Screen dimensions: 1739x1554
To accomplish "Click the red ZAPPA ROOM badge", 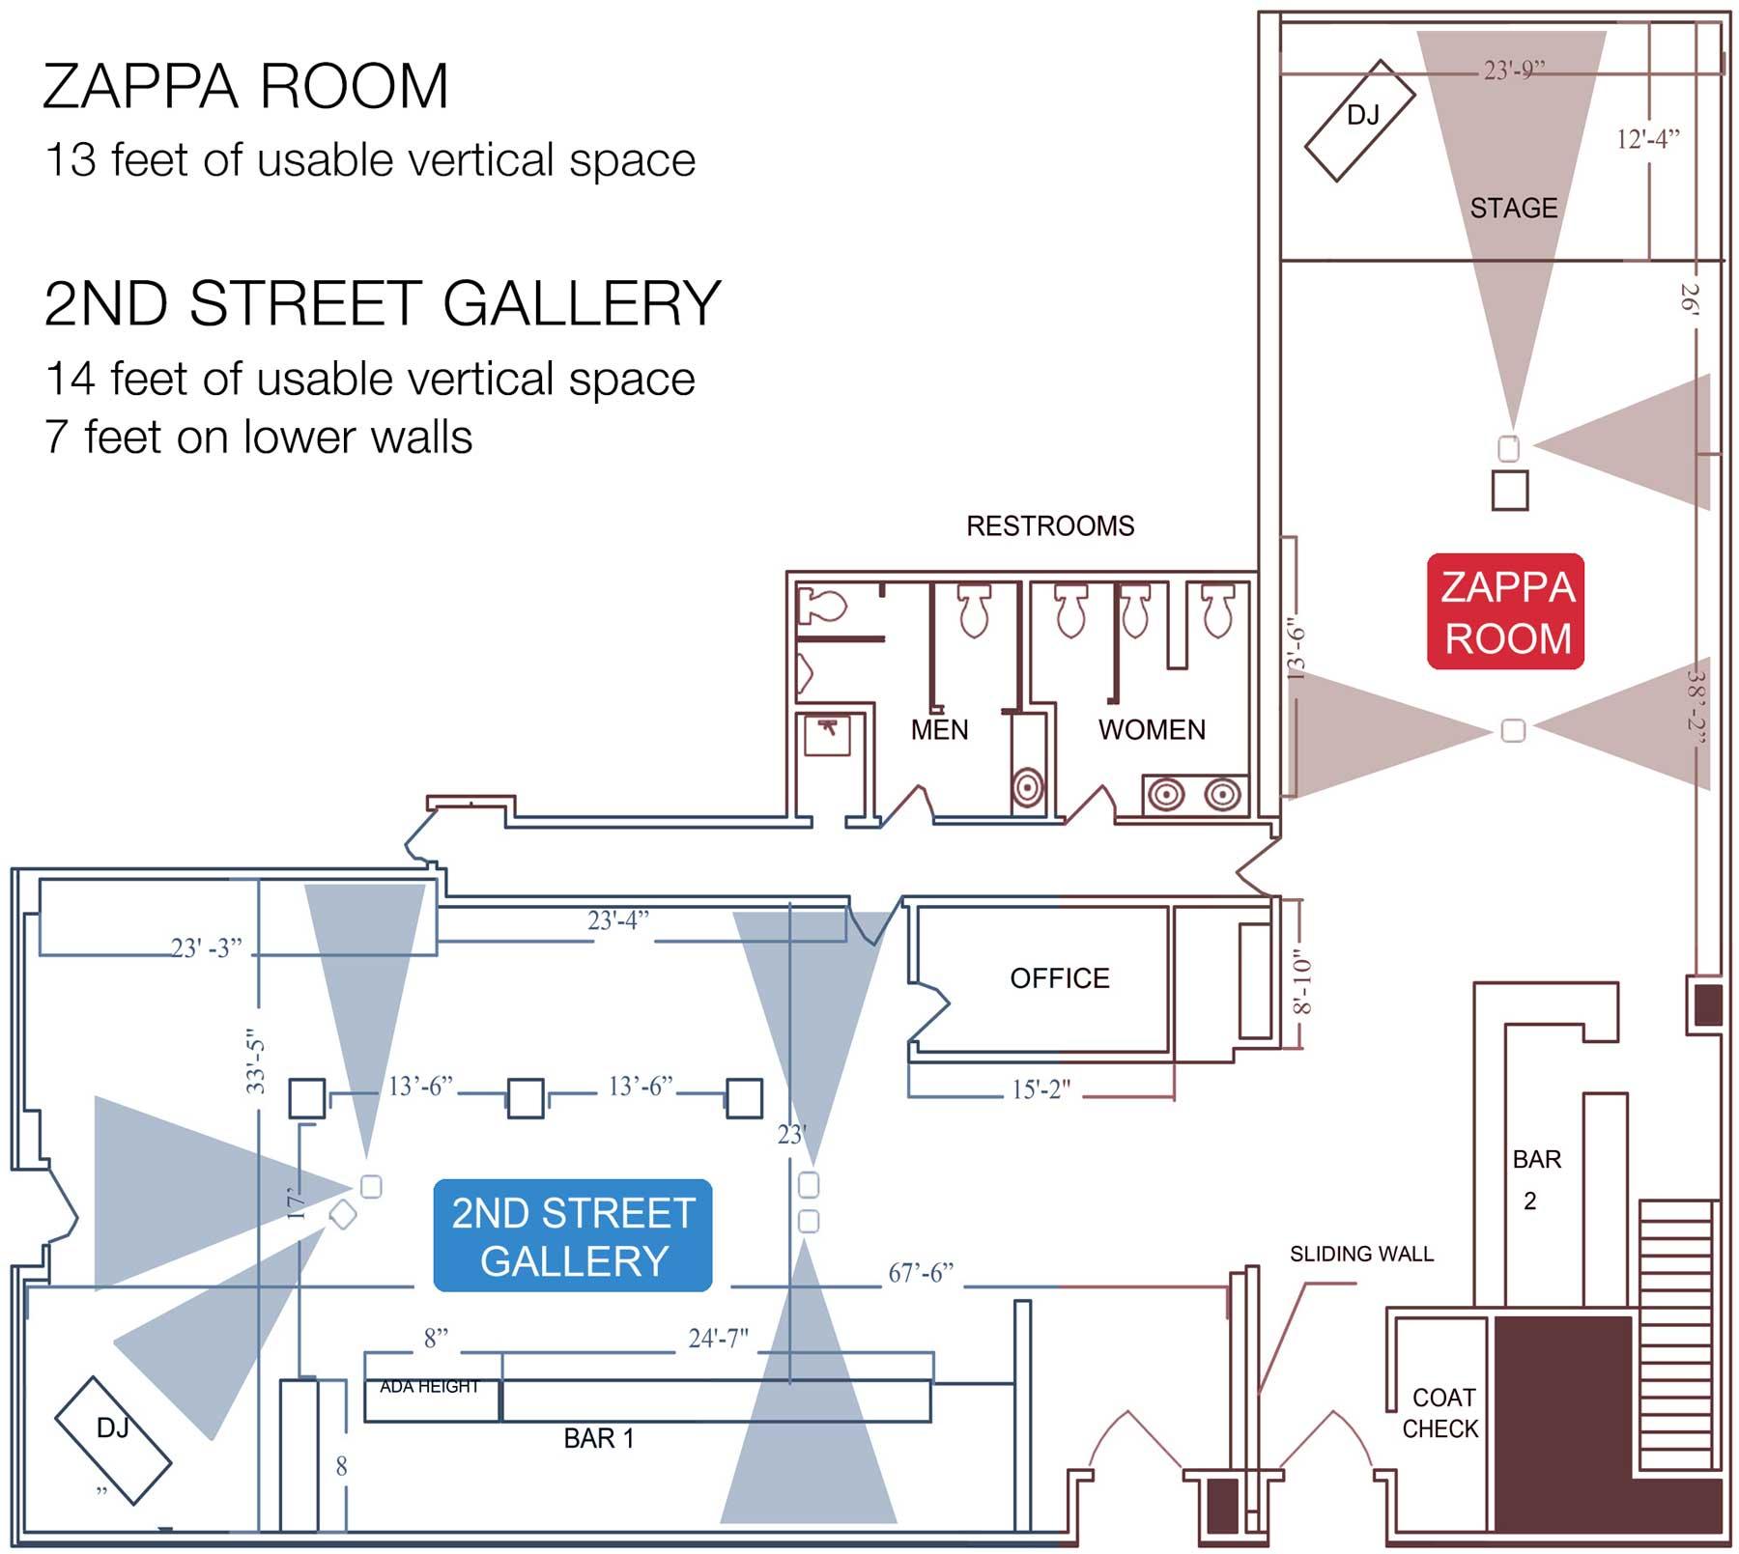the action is click(1506, 611).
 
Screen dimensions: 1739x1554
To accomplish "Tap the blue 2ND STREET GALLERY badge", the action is click(573, 1235).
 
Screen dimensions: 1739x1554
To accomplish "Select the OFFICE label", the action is click(1060, 978).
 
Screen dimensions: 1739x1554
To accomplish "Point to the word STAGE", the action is click(1514, 208).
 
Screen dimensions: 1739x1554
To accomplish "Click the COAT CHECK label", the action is click(1440, 1413).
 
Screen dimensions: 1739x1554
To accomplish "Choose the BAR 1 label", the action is click(599, 1438).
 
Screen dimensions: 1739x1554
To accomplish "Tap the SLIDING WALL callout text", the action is click(1361, 1254).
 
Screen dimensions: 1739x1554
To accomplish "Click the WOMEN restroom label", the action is click(1152, 729).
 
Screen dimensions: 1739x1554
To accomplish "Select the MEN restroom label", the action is click(939, 729).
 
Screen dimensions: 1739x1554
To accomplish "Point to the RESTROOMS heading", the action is click(1050, 525).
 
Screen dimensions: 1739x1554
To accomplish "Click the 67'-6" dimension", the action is click(921, 1273).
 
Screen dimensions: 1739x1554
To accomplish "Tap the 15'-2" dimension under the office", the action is click(1041, 1089).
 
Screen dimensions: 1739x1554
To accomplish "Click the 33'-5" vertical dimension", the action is click(255, 1060).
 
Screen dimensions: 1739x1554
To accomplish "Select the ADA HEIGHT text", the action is click(429, 1387).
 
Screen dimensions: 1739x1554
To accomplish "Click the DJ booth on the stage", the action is click(1359, 120).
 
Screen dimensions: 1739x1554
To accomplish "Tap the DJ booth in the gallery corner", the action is click(113, 1439).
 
